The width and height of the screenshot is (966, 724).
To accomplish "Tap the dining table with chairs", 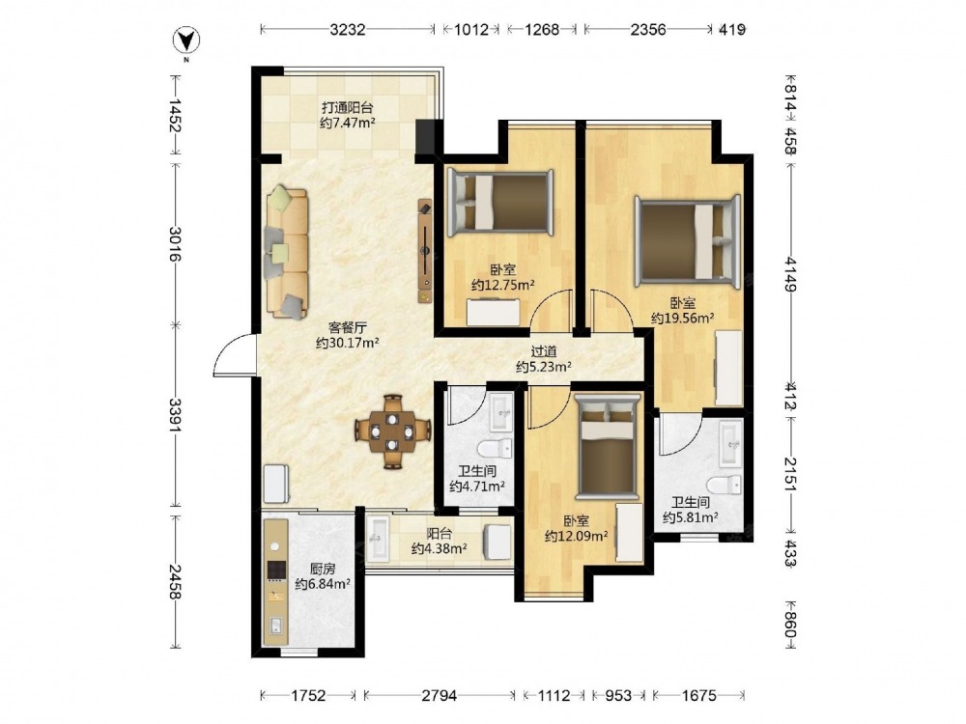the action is pos(392,432).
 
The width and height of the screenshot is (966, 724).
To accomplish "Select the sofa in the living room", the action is pos(287,252).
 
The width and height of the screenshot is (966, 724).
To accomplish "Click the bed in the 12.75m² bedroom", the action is pos(500,203).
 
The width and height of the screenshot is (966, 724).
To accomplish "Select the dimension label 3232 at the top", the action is pos(348,29).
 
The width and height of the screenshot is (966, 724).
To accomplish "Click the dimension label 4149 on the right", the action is pos(791,274).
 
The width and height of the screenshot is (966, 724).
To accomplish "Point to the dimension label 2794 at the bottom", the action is pos(440,696).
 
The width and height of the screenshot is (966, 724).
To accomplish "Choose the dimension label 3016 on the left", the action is pos(176,244).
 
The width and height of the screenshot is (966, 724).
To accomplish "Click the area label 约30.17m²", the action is pos(348,343).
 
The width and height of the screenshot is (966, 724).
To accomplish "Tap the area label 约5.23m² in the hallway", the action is pos(544,367).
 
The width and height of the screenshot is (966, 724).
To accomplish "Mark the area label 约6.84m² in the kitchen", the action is pos(323,584).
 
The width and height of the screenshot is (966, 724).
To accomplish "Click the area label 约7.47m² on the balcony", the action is pos(348,123).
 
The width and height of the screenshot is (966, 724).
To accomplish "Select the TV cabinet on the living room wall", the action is pos(425,251).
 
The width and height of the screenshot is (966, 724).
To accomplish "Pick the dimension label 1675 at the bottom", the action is pos(699,696).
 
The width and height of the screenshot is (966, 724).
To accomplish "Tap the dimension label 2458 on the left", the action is pos(176,582).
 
